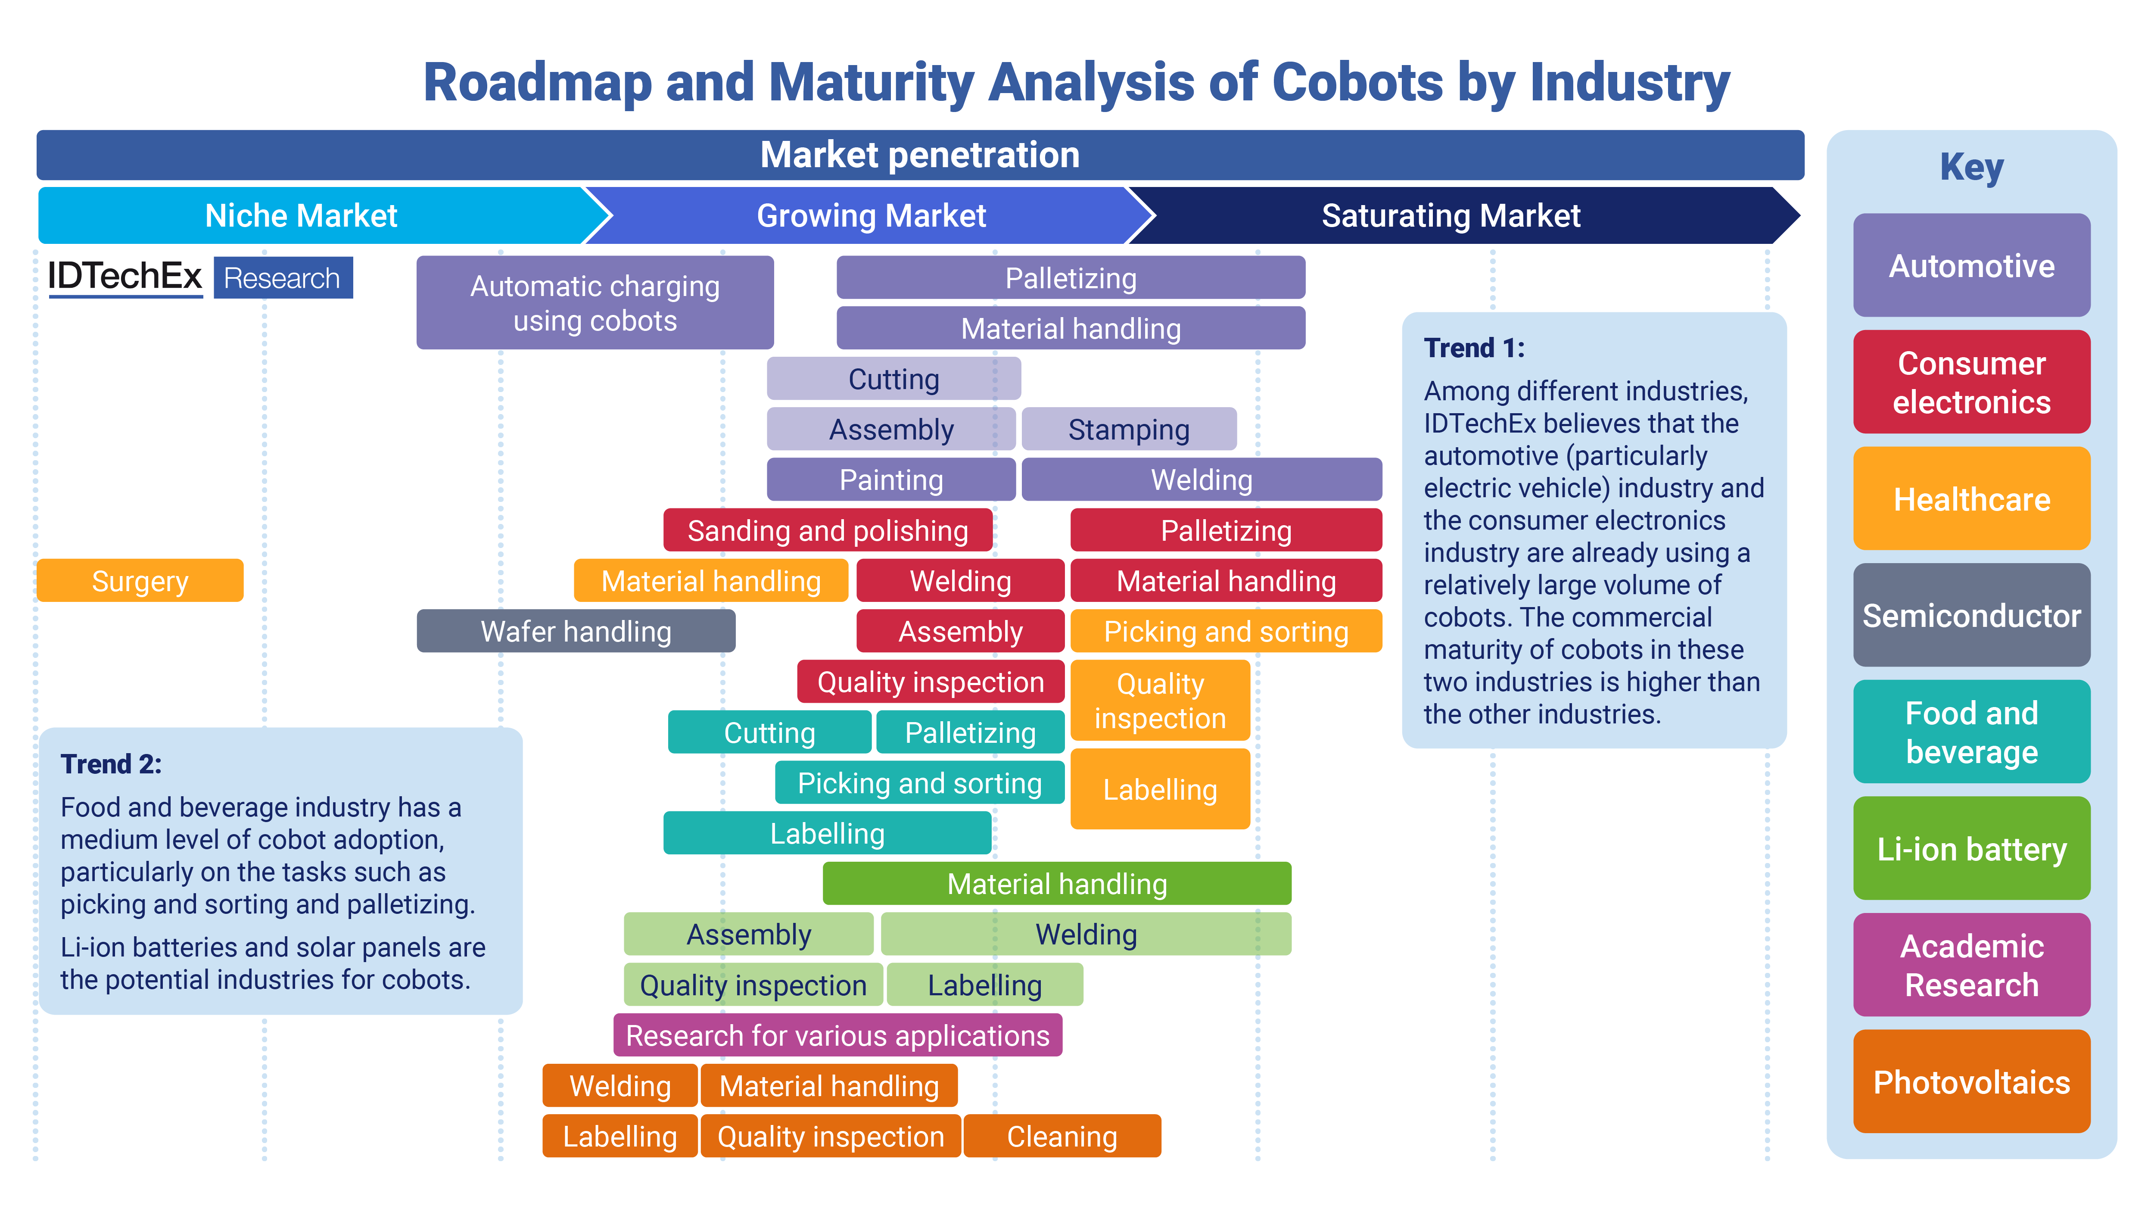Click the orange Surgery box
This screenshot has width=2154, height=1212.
click(140, 580)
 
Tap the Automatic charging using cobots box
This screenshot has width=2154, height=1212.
click(595, 303)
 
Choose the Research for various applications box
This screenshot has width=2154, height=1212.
click(837, 1035)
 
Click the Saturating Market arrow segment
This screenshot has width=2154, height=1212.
click(1451, 216)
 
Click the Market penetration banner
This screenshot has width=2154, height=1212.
click(920, 155)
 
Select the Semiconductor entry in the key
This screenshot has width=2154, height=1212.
click(1971, 616)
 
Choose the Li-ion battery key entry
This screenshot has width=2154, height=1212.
click(1971, 849)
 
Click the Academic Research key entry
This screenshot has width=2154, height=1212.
click(1971, 965)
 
